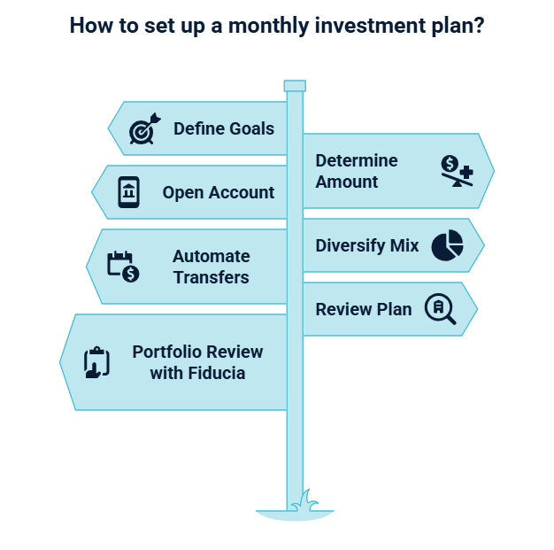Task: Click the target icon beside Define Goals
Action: [142, 128]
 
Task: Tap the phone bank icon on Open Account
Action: [129, 192]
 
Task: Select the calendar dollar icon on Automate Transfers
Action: [123, 267]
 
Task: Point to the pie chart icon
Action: [447, 245]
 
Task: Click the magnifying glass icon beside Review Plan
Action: [440, 309]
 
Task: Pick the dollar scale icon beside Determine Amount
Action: [457, 171]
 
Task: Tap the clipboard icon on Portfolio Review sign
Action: [96, 362]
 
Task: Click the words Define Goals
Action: [224, 128]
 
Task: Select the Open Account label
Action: [219, 192]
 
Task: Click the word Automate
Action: [212, 256]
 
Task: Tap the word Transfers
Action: [212, 277]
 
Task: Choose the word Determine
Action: [357, 160]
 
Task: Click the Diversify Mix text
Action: [367, 245]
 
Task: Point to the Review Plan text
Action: [364, 309]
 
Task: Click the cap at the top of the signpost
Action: [295, 86]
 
